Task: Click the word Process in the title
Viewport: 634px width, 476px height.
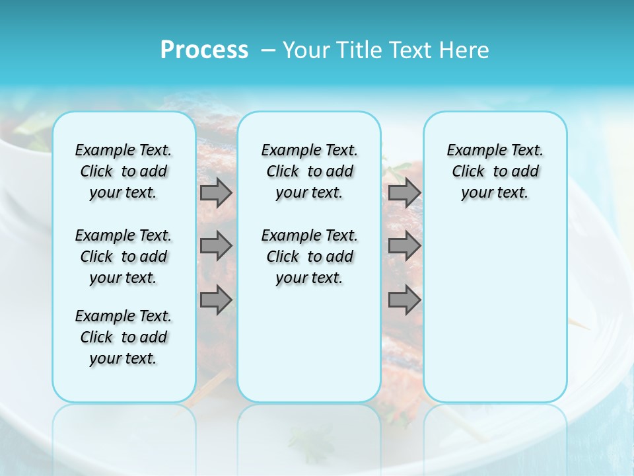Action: (204, 50)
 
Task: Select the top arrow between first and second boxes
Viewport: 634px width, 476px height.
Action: (216, 192)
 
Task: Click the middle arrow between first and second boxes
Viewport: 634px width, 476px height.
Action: (216, 246)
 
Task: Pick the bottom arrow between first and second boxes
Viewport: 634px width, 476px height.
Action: (216, 300)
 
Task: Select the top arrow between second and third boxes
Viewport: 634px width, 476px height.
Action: (404, 192)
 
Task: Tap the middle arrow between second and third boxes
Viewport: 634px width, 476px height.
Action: (404, 246)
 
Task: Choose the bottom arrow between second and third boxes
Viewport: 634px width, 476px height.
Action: (404, 300)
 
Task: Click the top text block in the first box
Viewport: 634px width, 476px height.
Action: (123, 171)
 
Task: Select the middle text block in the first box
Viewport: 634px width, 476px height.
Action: (123, 257)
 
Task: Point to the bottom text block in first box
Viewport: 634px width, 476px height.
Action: (123, 337)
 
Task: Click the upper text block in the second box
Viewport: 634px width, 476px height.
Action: (309, 171)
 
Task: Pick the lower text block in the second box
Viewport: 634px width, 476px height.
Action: (309, 257)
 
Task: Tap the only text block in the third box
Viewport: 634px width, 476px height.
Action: (495, 171)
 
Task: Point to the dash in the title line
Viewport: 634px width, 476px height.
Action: (268, 50)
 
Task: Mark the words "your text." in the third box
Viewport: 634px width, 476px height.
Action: (495, 193)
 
